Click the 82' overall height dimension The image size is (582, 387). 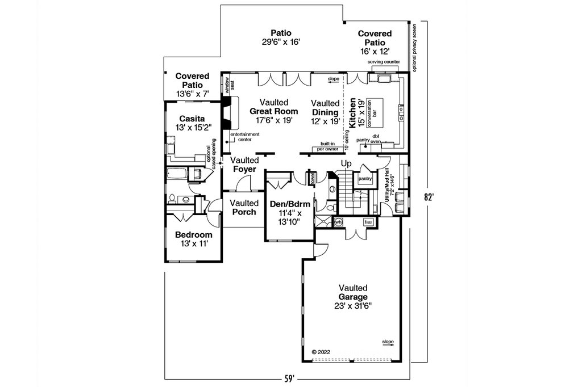point(431,197)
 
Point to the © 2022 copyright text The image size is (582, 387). point(322,351)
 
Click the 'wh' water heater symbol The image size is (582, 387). point(338,222)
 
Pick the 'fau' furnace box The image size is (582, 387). point(368,222)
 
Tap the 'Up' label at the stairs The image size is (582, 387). point(346,164)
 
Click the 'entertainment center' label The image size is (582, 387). point(245,136)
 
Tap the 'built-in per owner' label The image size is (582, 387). point(328,146)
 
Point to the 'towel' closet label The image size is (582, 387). point(312,178)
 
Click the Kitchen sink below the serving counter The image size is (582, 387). point(380,77)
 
